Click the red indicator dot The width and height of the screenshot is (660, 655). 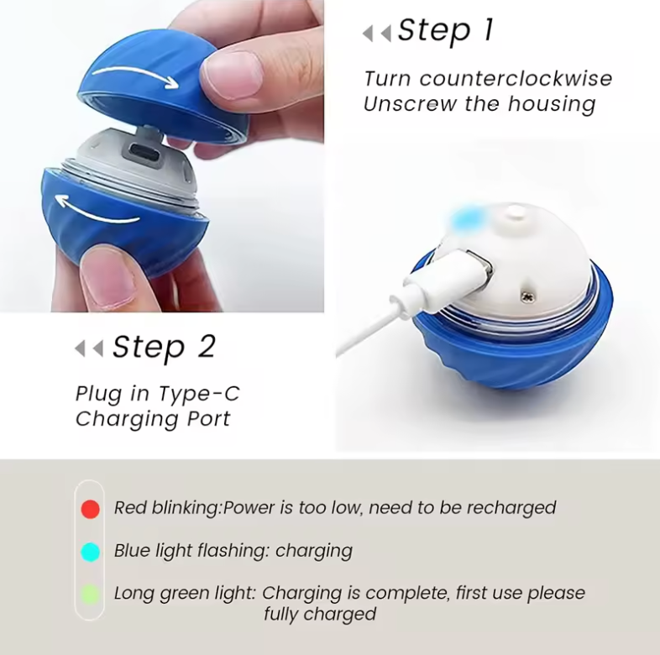click(91, 508)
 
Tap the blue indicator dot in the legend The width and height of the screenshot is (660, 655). click(91, 552)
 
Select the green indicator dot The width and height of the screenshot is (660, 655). click(91, 595)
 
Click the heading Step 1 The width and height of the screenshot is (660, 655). click(445, 31)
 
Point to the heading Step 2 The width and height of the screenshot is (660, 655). click(164, 347)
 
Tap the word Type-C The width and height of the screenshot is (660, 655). click(199, 394)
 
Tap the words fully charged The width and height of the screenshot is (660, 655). click(320, 614)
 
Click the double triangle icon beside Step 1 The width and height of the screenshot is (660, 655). click(377, 34)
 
